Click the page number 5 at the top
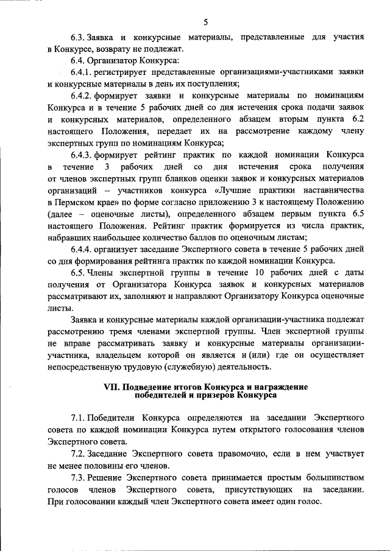click(205, 23)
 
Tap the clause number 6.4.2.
click(83, 97)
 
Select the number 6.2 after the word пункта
click(358, 120)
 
